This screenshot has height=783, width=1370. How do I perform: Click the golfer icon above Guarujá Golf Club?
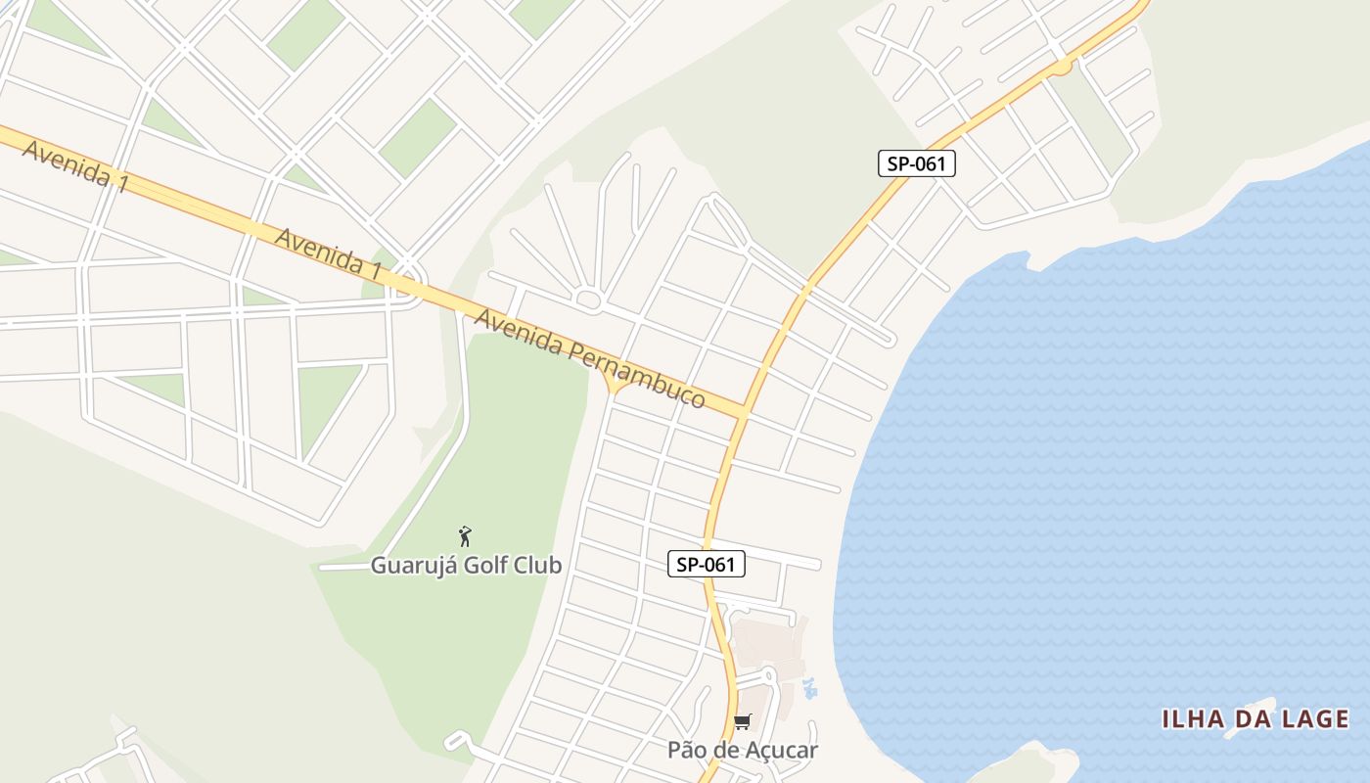point(466,536)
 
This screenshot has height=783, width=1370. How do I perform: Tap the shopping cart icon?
point(743,722)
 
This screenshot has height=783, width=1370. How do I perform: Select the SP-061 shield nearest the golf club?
point(707,564)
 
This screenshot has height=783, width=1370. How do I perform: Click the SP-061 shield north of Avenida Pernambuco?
point(916,163)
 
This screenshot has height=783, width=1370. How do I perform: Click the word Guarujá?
point(406,566)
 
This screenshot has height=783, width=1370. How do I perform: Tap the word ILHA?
point(1194,719)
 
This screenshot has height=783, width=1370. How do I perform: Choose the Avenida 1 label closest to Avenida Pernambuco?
point(328,253)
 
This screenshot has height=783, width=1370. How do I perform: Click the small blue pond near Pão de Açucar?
point(809,688)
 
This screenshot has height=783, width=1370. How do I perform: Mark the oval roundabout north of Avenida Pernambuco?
point(589,299)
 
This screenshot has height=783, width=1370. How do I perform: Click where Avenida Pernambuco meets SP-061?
point(741,414)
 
